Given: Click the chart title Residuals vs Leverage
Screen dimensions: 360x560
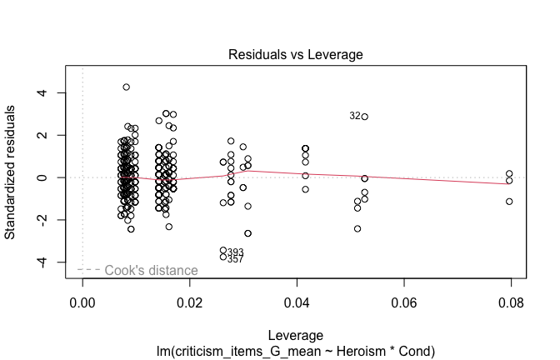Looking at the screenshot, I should pos(297,55).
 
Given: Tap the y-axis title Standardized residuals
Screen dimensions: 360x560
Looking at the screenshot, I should pos(12,172).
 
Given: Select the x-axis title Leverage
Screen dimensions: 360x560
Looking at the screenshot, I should pos(296,333).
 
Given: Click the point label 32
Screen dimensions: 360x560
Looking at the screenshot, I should pos(355,117).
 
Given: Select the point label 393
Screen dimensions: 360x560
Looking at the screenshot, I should pos(235,252).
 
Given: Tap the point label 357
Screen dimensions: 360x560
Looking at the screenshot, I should pos(235,260).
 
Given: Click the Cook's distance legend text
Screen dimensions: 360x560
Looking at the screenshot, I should pos(151,270).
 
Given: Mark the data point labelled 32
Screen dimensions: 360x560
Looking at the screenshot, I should pos(365,117).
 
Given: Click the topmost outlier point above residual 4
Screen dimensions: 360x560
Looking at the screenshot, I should pos(127,87).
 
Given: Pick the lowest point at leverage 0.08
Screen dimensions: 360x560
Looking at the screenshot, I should pos(509,202).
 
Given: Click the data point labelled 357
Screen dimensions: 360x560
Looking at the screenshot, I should pos(223,257).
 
